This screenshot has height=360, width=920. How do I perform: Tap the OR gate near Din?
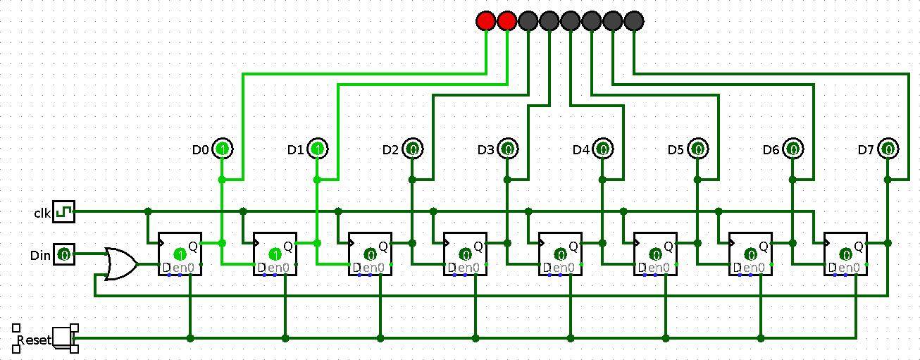point(120,264)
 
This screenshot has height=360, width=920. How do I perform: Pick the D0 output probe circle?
point(222,149)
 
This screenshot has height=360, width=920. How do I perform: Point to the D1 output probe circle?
point(317,149)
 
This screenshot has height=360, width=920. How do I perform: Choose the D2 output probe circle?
point(412,149)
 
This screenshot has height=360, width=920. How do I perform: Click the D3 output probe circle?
point(507,149)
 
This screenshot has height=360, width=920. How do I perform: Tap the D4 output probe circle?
point(602,149)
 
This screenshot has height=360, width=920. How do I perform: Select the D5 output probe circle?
point(697,149)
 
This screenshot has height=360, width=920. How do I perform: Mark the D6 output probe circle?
point(792,149)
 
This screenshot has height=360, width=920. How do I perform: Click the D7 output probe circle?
point(888,149)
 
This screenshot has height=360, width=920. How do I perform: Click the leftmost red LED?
point(486,21)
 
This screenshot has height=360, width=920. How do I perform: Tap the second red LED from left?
point(507,21)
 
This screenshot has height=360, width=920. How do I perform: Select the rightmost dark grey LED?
point(634,21)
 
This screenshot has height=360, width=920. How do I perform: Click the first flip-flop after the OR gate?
point(180,254)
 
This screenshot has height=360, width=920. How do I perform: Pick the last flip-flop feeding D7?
point(845,254)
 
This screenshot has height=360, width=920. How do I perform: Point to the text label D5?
point(676,149)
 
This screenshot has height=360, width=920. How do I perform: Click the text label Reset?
point(34,340)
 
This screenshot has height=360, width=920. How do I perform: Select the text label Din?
point(41,254)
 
